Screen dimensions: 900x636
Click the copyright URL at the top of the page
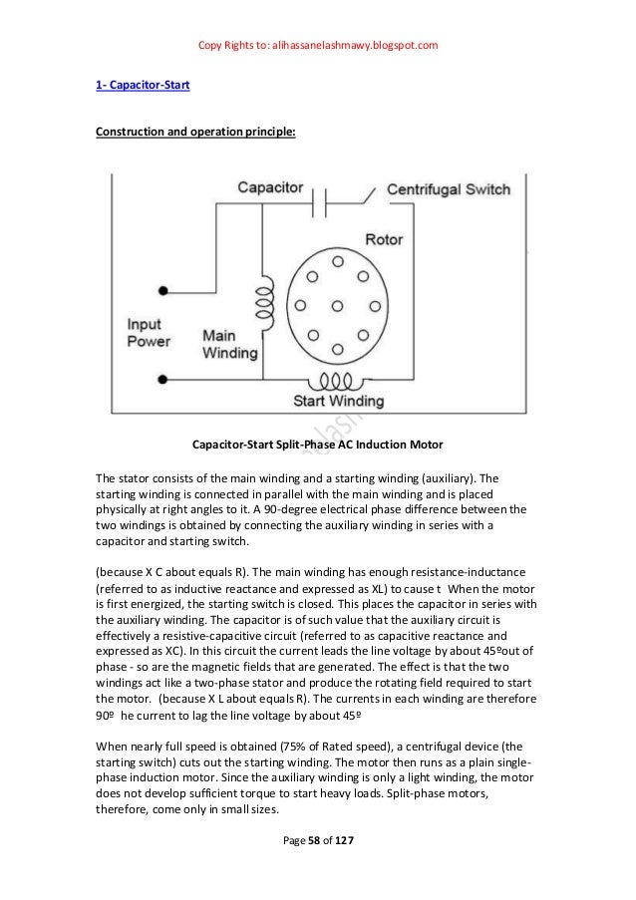click(x=318, y=46)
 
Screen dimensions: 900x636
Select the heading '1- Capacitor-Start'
click(x=135, y=86)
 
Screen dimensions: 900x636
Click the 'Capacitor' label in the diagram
click(x=272, y=187)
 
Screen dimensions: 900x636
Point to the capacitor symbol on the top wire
click(x=321, y=205)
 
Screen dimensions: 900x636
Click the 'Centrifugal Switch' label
click(x=449, y=188)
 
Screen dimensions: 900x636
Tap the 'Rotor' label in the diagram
click(x=384, y=240)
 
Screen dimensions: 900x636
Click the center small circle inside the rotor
click(x=337, y=304)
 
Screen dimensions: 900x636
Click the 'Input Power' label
click(x=151, y=332)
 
